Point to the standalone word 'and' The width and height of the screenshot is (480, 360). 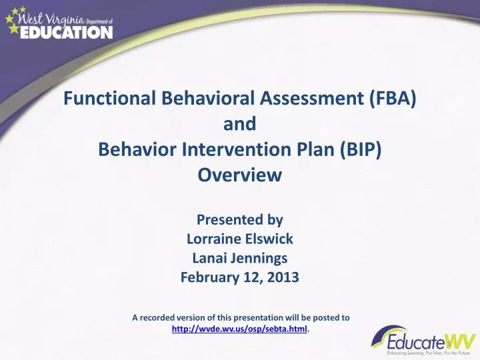pyautogui.click(x=240, y=124)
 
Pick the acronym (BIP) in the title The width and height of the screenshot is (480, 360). pyautogui.click(x=361, y=149)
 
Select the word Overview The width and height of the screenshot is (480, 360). pyautogui.click(x=240, y=175)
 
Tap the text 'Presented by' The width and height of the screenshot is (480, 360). pyautogui.click(x=240, y=220)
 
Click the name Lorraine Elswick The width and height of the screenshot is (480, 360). pyautogui.click(x=240, y=239)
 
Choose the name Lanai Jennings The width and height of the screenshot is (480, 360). pyautogui.click(x=240, y=259)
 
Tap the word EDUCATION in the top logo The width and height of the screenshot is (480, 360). pyautogui.click(x=66, y=33)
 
